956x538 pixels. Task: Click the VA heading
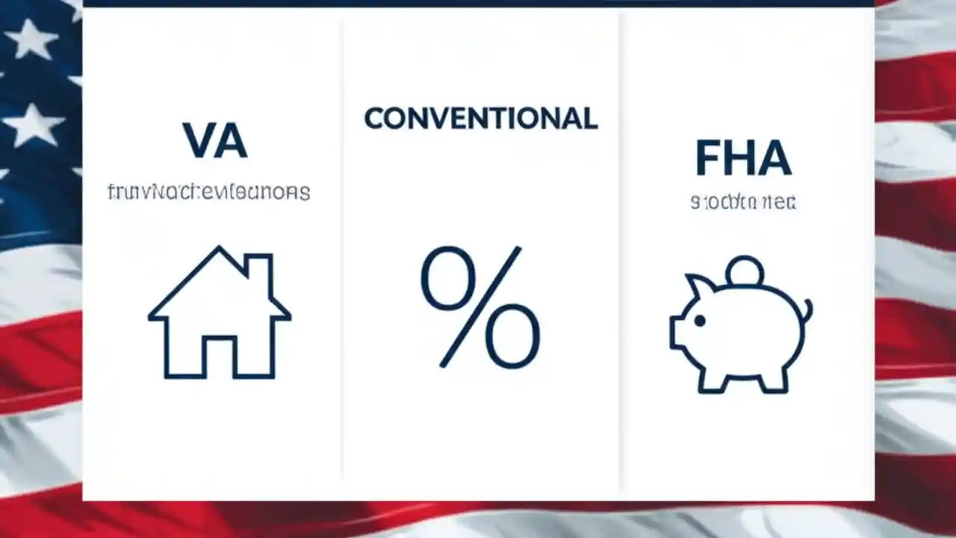point(215,140)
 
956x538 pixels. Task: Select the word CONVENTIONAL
point(480,119)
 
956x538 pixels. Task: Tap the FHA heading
point(742,158)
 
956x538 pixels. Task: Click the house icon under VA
point(220,314)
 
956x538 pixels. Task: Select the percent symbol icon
point(480,307)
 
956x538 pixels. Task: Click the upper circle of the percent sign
point(448,279)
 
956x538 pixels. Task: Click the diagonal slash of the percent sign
point(480,307)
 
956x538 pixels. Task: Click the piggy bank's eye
point(700,321)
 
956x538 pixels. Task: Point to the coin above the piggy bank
point(745,270)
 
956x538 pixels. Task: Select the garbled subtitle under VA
point(209,192)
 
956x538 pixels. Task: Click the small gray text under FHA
point(743,202)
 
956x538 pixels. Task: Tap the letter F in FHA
point(709,158)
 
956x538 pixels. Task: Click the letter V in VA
point(198,140)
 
